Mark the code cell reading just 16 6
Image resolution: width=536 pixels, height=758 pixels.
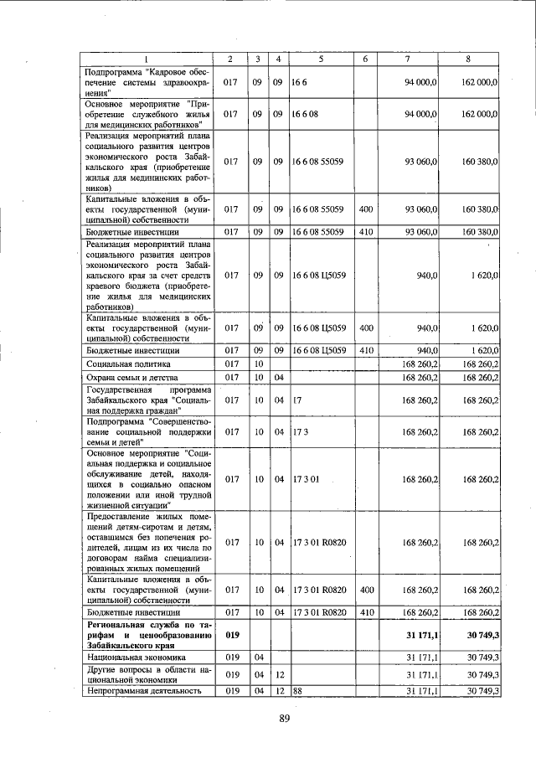click(x=299, y=83)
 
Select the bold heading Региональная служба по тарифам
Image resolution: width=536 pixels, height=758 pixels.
click(x=147, y=635)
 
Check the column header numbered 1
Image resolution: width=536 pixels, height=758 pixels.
click(x=147, y=58)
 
